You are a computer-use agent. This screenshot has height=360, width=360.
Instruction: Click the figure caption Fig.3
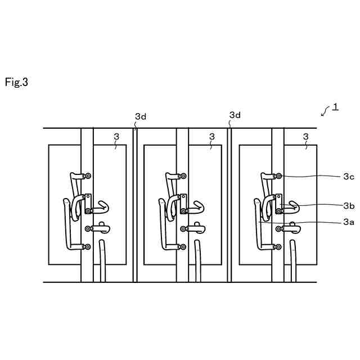[16, 82]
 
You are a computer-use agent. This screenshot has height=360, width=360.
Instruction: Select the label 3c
[348, 177]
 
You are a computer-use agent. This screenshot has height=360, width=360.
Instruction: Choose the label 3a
[348, 222]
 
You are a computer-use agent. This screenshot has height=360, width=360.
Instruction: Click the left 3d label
[141, 116]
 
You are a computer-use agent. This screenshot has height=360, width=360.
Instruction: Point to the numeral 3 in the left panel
[116, 136]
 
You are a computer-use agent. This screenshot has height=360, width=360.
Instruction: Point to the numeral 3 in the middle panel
[211, 136]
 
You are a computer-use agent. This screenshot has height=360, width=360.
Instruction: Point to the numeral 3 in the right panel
[306, 136]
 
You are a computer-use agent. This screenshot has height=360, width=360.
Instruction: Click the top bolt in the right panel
[280, 176]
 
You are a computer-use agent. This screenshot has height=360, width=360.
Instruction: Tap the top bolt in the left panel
[88, 176]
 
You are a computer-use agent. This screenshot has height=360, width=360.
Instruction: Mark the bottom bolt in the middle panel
[184, 246]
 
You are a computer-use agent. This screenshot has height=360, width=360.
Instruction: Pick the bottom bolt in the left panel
[88, 246]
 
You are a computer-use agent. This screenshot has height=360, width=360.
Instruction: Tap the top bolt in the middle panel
[184, 176]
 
